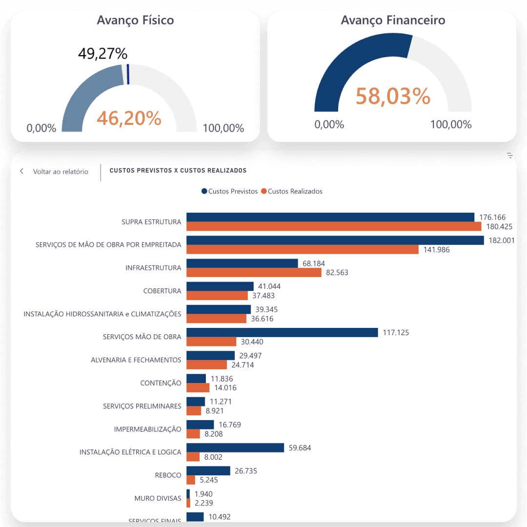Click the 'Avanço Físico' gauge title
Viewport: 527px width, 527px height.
(135, 20)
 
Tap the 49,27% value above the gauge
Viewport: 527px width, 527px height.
(102, 53)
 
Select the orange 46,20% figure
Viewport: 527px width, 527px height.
(129, 118)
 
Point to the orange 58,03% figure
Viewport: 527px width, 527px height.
(393, 96)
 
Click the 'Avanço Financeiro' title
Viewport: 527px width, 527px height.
(393, 20)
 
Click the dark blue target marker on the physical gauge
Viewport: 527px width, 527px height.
(128, 74)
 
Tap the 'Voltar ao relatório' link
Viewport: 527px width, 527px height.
(61, 172)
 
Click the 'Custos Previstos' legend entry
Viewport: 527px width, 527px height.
(229, 191)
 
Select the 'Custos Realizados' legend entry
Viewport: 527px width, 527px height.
(292, 191)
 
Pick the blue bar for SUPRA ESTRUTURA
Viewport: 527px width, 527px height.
(330, 217)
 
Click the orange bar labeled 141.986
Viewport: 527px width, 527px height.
(303, 249)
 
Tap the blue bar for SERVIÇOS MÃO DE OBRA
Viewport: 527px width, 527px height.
(282, 332)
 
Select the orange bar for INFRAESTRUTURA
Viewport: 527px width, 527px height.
(254, 272)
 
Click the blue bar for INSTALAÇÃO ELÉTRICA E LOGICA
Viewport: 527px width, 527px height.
(235, 447)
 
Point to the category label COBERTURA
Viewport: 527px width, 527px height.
(162, 291)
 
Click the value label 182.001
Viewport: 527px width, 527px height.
(501, 241)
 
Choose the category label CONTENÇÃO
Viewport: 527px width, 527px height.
(161, 383)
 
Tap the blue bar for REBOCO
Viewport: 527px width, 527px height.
(208, 471)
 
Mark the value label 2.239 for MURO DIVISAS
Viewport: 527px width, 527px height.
(203, 503)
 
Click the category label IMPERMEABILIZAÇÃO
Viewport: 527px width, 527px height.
(147, 429)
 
